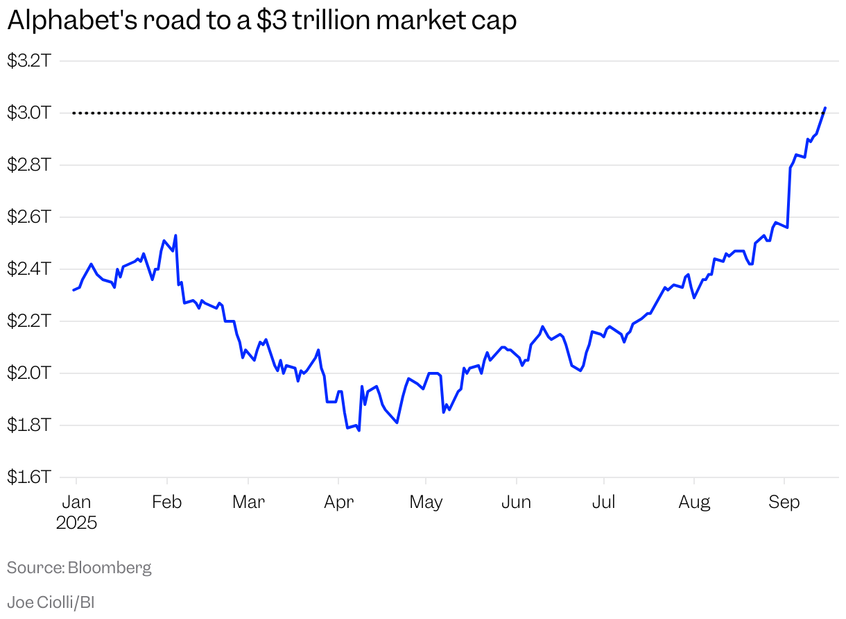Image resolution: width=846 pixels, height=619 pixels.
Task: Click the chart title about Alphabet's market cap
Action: (x=261, y=22)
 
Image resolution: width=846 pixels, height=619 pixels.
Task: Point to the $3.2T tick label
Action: (x=28, y=61)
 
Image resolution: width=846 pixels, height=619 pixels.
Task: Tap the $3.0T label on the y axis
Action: (x=28, y=113)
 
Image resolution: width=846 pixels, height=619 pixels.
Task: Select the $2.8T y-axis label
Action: (x=28, y=165)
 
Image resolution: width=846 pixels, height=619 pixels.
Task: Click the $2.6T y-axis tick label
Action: (x=28, y=217)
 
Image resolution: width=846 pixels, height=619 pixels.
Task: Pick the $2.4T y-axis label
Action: (x=28, y=269)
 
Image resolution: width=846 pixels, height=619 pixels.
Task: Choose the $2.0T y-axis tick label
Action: (x=28, y=373)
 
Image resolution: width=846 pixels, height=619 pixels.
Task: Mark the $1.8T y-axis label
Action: (x=28, y=425)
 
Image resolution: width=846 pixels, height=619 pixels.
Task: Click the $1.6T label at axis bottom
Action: (x=28, y=477)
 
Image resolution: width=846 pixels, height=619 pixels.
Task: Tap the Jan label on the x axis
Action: (x=76, y=502)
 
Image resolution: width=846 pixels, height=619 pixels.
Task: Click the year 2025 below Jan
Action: (x=76, y=523)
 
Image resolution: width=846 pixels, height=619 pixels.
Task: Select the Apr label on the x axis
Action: (x=338, y=502)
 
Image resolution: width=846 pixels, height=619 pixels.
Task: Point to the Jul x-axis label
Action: (x=603, y=502)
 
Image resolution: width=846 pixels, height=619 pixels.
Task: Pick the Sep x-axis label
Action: (x=784, y=502)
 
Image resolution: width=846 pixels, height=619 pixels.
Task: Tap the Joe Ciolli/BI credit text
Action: (x=51, y=602)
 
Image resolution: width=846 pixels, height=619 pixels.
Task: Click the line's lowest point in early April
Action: (x=359, y=430)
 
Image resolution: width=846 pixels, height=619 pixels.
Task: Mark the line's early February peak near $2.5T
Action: (x=175, y=235)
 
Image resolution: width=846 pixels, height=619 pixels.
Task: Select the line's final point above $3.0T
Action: (x=825, y=108)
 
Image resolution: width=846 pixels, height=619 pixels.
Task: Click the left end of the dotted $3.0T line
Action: (x=74, y=113)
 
